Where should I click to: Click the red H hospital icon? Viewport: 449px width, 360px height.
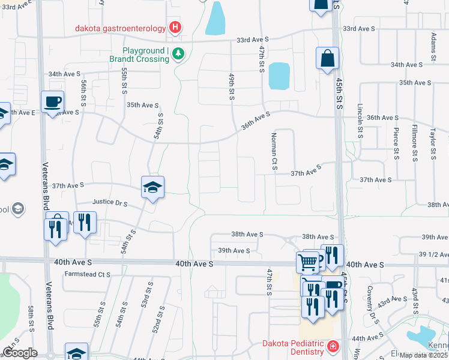(175, 27)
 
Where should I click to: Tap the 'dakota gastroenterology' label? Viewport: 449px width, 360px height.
(121, 27)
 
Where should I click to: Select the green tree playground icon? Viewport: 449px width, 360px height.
(178, 55)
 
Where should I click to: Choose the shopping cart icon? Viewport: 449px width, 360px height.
(307, 262)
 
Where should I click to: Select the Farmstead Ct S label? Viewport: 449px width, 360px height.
(88, 274)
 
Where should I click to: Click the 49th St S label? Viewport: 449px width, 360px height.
(231, 86)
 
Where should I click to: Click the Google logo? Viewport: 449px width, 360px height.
(20, 353)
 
